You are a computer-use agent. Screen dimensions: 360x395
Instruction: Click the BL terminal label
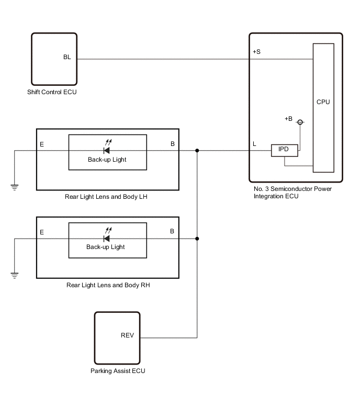(x=67, y=57)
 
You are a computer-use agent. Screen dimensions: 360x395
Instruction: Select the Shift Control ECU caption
(x=52, y=92)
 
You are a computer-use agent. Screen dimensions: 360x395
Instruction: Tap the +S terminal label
(x=256, y=52)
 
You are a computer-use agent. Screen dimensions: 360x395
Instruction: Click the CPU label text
(x=323, y=102)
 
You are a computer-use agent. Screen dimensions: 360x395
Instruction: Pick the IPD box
(x=285, y=150)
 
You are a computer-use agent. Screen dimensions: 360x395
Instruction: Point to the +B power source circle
(x=300, y=122)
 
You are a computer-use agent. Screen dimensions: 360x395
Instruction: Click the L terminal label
(x=254, y=144)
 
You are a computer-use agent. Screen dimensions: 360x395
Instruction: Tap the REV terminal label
(x=127, y=335)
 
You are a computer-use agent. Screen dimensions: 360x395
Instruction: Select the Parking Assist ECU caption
(x=118, y=371)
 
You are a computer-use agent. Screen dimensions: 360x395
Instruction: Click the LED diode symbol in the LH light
(x=107, y=150)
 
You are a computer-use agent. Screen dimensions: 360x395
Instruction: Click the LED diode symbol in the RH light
(x=107, y=239)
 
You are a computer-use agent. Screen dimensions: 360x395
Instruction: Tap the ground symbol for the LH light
(x=14, y=187)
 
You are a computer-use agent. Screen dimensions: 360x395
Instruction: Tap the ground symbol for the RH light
(x=14, y=275)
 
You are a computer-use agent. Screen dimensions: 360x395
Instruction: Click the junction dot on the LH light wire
(x=197, y=150)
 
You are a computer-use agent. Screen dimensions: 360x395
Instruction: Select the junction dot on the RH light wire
(x=197, y=239)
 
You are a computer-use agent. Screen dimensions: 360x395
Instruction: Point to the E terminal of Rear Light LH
(x=42, y=144)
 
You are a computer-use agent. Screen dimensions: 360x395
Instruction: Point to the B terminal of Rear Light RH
(x=172, y=231)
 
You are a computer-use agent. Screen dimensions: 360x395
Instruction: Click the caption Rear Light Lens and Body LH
(x=106, y=197)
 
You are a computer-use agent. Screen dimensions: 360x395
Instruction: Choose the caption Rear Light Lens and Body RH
(x=108, y=285)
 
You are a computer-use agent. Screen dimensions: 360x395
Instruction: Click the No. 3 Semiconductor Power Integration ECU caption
(x=292, y=193)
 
